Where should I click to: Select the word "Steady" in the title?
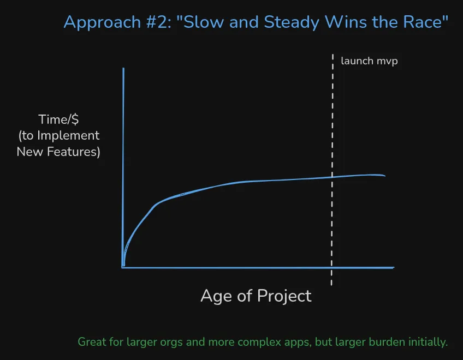[x=292, y=22]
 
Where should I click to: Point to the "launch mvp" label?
[x=369, y=61]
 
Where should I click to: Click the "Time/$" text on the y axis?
[x=58, y=119]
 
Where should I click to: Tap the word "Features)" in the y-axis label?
[x=75, y=151]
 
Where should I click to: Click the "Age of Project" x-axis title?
[x=256, y=296]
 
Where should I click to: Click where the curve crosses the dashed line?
[x=332, y=177]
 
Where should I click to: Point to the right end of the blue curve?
[x=385, y=176]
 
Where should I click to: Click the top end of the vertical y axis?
[x=123, y=69]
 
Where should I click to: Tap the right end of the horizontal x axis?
[x=393, y=268]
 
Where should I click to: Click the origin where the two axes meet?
[x=123, y=268]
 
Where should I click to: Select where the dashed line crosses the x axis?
[x=332, y=268]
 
